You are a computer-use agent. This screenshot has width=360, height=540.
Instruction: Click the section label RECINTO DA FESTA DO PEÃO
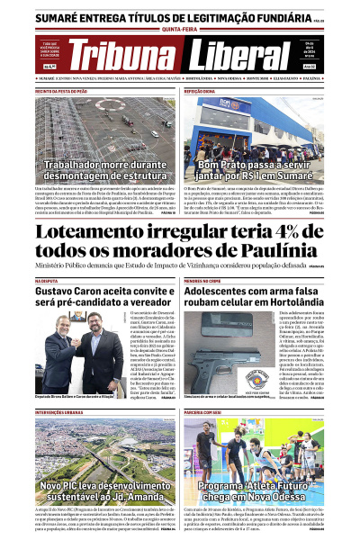click(61, 91)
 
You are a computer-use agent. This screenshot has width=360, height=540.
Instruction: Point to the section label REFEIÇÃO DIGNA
click(199, 91)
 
